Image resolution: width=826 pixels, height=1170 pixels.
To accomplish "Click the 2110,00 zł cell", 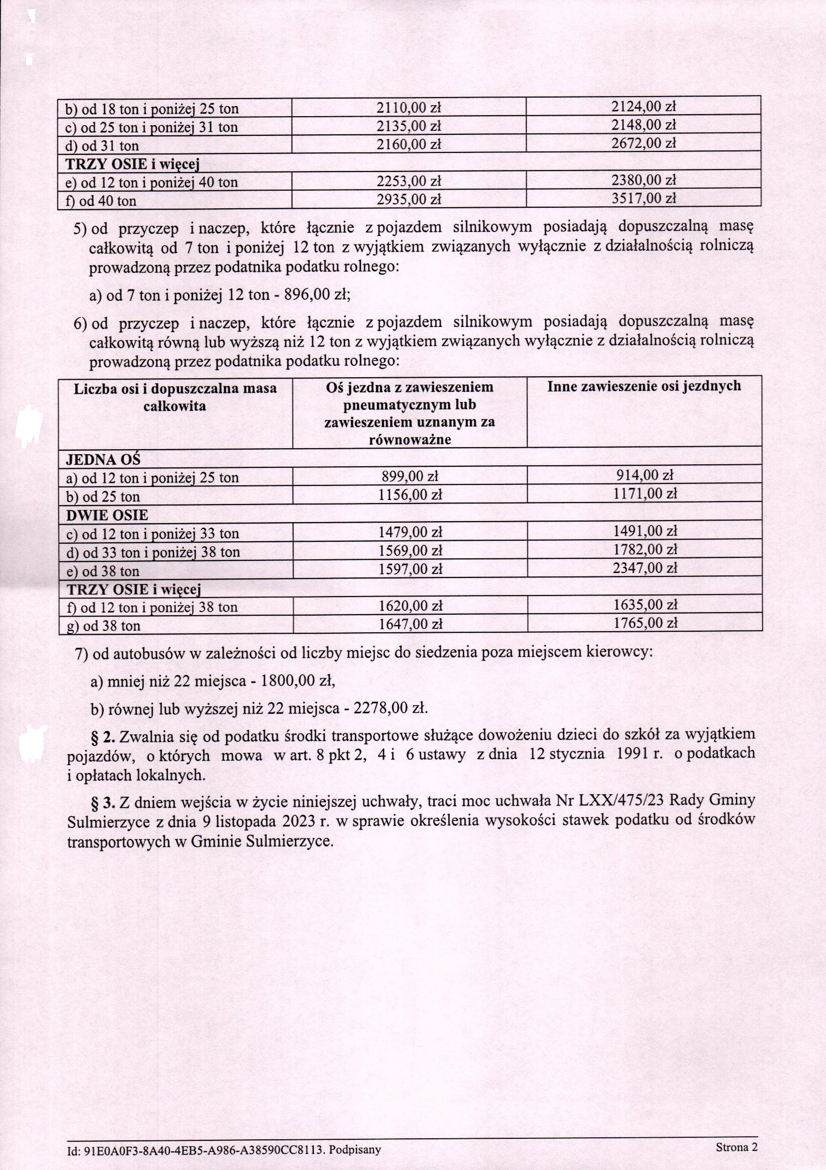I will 408,108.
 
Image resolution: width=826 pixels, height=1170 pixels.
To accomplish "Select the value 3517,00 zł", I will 643,198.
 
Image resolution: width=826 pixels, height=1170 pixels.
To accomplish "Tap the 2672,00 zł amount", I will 643,143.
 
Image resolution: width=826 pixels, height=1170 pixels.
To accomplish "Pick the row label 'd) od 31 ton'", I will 102,146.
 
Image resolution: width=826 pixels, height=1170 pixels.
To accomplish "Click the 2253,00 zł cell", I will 408,181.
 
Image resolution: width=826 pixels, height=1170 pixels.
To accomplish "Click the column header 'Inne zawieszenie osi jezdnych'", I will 644,387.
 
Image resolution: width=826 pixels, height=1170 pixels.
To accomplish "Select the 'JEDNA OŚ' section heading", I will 103,459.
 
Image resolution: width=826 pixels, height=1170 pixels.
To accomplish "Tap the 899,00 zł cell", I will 410,476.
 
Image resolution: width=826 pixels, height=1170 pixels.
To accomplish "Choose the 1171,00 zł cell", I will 645,494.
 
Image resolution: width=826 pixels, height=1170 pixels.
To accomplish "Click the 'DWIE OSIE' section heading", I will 107,515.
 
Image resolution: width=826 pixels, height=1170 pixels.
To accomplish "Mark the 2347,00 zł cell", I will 645,568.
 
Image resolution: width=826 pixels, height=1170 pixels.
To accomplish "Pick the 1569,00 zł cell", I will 410,551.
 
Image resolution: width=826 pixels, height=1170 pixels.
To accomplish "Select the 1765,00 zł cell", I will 645,623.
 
